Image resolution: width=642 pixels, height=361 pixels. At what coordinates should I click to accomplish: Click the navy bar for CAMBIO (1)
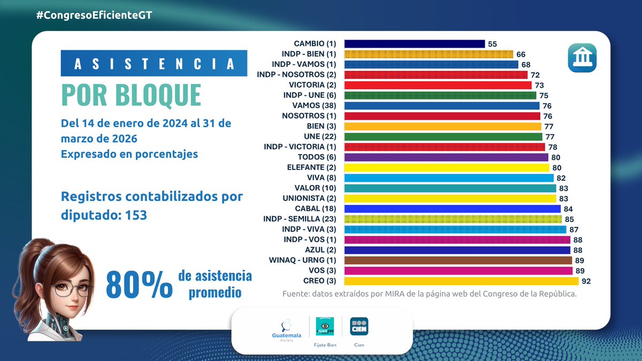point(414,44)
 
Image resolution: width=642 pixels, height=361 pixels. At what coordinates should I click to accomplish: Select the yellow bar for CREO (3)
point(461,281)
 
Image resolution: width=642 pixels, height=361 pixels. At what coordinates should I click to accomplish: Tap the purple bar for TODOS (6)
point(446,157)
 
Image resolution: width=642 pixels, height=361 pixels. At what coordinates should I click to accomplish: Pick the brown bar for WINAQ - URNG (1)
point(457,260)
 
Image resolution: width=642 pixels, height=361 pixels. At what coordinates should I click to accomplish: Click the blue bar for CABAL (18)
point(452,209)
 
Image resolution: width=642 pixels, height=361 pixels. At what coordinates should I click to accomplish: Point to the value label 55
point(493,44)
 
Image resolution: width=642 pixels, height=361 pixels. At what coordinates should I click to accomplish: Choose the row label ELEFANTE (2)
point(313,167)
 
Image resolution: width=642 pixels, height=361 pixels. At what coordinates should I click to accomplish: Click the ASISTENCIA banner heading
point(154,63)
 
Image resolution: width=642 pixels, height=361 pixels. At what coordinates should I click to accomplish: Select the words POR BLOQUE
point(131,95)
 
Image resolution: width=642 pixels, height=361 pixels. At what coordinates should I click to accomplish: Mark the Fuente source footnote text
point(429,295)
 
